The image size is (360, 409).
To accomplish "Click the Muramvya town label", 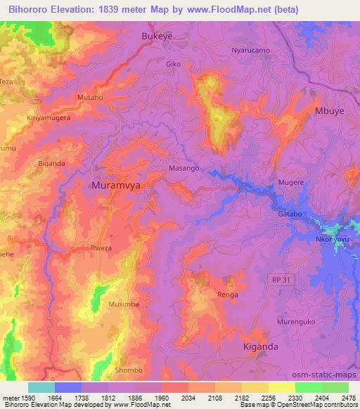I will click(117, 186).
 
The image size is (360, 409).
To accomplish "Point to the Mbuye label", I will click(333, 111).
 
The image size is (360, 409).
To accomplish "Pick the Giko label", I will click(174, 64).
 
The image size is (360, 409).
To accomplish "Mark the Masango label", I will click(185, 169).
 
